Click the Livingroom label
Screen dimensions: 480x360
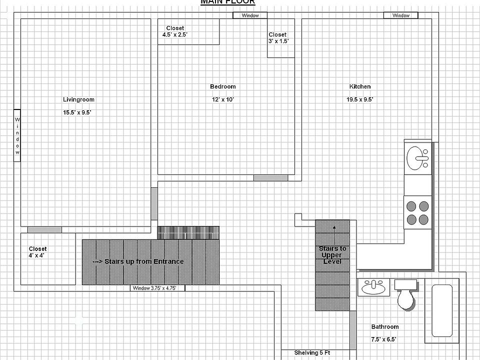(78, 99)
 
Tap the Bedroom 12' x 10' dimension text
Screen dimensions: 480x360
(222, 99)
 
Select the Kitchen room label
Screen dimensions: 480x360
(360, 86)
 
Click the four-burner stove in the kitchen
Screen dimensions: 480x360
(417, 212)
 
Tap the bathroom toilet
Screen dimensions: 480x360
(405, 295)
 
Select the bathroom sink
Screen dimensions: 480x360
(373, 287)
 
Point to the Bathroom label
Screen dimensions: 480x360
(384, 327)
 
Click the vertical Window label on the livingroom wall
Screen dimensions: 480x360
(17, 135)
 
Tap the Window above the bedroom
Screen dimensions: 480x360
(250, 15)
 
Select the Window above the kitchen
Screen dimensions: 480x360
(400, 15)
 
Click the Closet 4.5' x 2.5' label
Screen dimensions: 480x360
(174, 31)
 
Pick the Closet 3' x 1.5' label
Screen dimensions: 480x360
(278, 38)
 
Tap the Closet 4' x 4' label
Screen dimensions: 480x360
(37, 252)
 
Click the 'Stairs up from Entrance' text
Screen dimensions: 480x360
(138, 261)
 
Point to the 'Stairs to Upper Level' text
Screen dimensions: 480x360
(332, 255)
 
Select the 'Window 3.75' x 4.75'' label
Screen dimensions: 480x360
(157, 288)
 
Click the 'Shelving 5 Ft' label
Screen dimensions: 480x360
(311, 353)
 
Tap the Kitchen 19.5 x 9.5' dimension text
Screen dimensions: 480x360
(360, 99)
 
